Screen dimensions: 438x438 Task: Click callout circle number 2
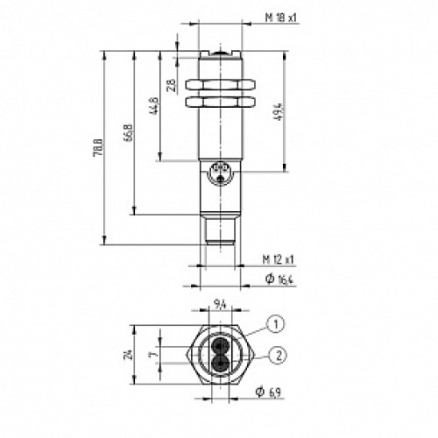point(276,355)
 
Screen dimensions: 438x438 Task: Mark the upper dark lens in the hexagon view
point(220,345)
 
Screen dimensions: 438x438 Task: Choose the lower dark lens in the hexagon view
point(220,362)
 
